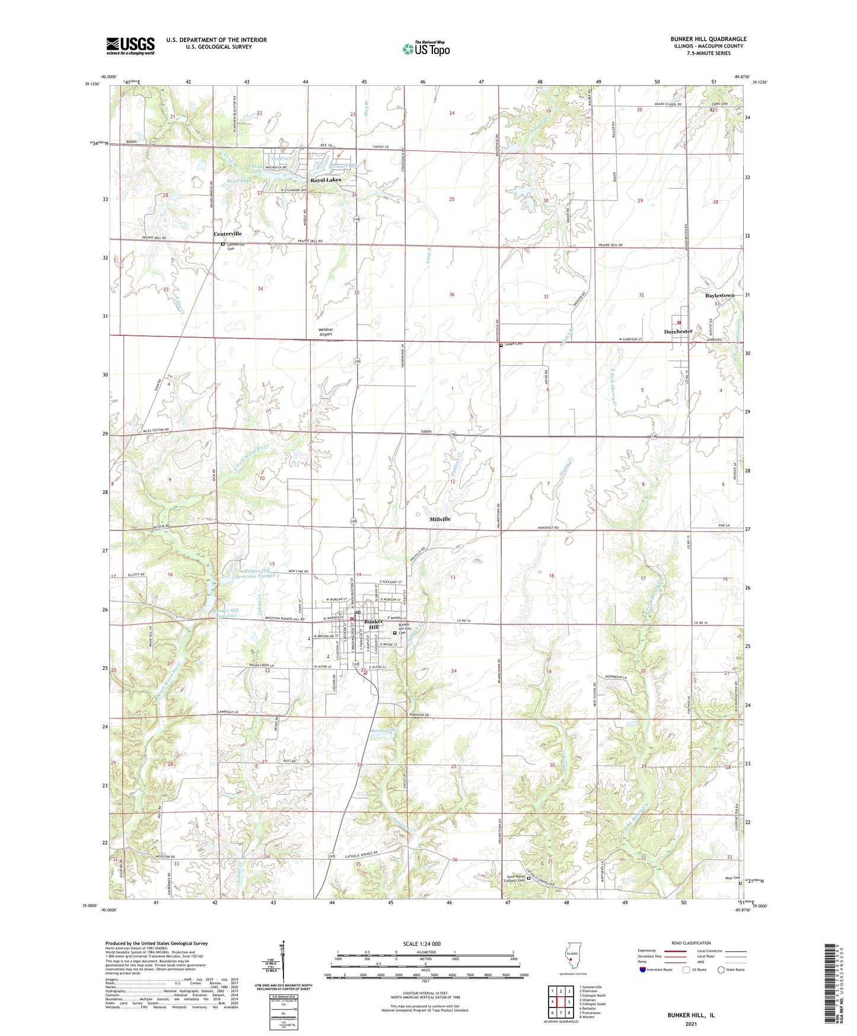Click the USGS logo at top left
coord(130,46)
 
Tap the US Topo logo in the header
coord(426,48)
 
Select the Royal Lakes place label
coord(326,180)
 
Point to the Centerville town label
coord(228,234)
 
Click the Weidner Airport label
coord(326,332)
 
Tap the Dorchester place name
coord(678,332)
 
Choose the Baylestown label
coord(719,295)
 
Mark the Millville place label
coord(439,519)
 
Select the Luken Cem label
coord(514,344)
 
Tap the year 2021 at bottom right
coord(690,1024)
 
